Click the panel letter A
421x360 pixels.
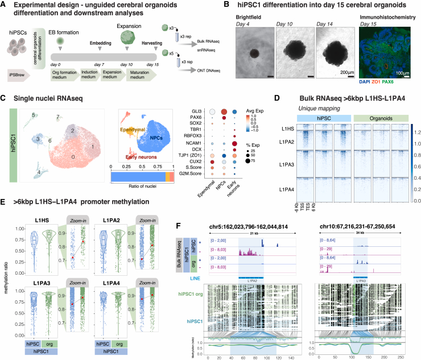pyautogui.click(x=6, y=6)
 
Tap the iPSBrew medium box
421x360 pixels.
pyautogui.click(x=20, y=90)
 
